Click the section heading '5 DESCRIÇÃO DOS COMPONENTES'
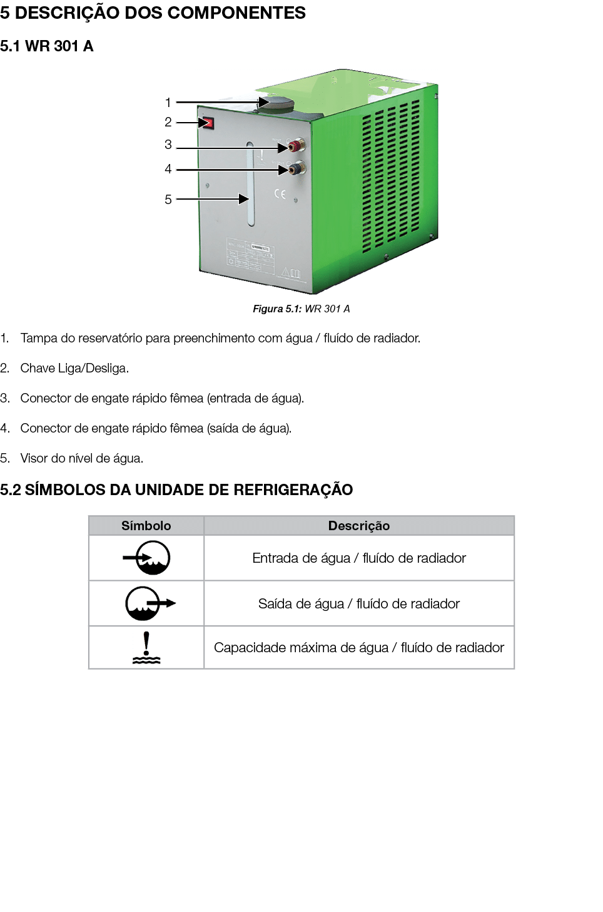[x=153, y=13]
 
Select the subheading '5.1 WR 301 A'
[x=47, y=46]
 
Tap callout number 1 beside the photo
[x=168, y=103]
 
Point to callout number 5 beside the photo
[x=168, y=200]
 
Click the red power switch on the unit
[x=208, y=123]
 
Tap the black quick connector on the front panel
[x=295, y=169]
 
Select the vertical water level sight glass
[x=250, y=184]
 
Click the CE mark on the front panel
[x=280, y=194]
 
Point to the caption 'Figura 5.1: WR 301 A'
[x=301, y=309]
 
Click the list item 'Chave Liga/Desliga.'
[x=74, y=368]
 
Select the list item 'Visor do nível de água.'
[x=81, y=458]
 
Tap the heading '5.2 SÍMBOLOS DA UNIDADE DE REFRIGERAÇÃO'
[x=176, y=489]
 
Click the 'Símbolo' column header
[x=146, y=526]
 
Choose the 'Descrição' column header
[x=359, y=526]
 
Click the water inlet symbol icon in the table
[x=146, y=558]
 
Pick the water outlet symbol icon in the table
[x=149, y=603]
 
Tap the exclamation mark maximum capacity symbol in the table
[x=146, y=647]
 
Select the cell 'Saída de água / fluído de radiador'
[x=359, y=603]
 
